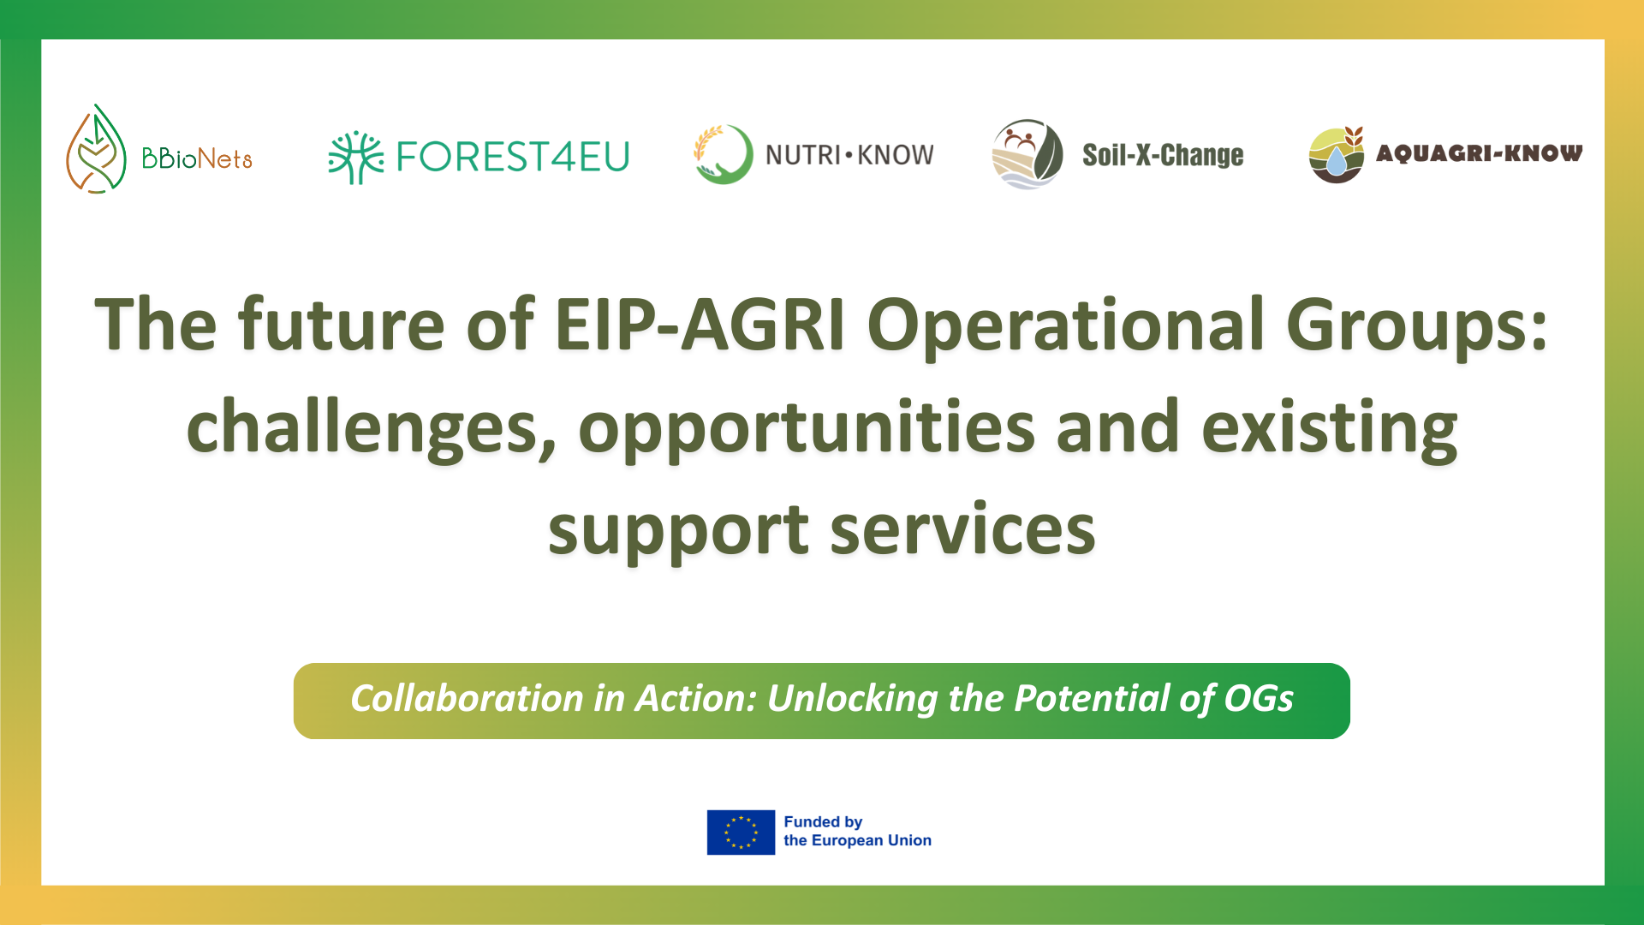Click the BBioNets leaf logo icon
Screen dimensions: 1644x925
[96, 150]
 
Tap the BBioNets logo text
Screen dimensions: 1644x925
[197, 158]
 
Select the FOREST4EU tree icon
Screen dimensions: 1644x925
[356, 157]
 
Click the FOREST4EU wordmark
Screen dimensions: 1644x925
[513, 157]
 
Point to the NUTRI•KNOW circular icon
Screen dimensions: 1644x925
[724, 154]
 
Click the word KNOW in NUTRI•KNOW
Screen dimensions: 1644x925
[896, 155]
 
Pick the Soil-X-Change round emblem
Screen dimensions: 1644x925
[1027, 154]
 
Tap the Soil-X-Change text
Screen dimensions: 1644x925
[1163, 155]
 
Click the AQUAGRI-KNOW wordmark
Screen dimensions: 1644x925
[1479, 153]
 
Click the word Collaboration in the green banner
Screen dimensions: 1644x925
[467, 699]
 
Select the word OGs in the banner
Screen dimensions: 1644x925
[1259, 699]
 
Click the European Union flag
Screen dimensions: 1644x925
[741, 832]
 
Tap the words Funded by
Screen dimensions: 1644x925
[823, 822]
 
